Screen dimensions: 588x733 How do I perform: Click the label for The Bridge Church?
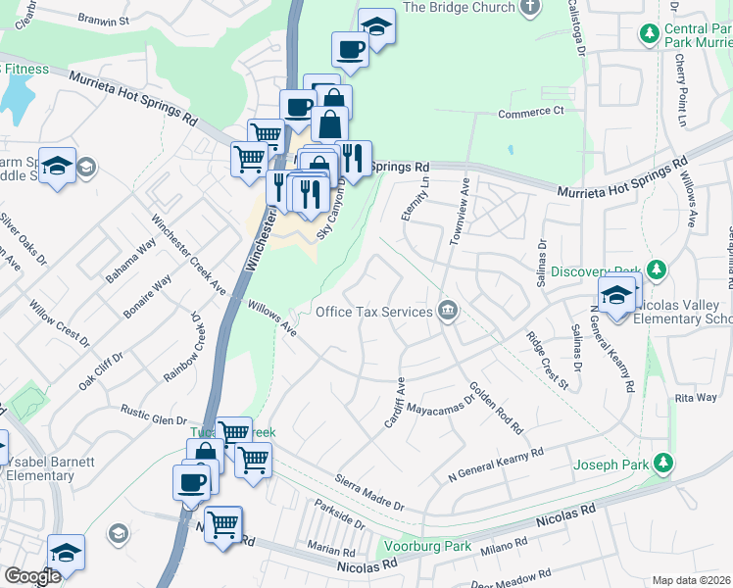tap(459, 8)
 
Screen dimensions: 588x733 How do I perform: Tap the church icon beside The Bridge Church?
tap(530, 7)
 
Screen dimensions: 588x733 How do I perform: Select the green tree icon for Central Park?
tap(649, 34)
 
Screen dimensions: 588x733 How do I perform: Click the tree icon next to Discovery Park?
tap(656, 269)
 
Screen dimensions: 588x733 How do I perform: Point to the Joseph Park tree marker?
tap(663, 462)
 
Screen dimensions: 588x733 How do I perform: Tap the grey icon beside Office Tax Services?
tap(448, 311)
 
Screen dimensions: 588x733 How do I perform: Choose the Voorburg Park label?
tap(425, 547)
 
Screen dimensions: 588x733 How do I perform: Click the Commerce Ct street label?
tap(531, 113)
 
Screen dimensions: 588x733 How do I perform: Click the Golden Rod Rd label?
tap(496, 408)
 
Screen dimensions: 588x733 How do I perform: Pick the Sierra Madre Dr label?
tap(369, 492)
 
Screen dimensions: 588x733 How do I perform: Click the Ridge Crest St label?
tap(547, 361)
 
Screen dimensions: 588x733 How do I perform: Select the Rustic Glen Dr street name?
tap(153, 414)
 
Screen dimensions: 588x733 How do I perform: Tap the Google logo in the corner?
tap(32, 576)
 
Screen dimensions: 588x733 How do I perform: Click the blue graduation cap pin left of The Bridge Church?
tap(376, 26)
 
